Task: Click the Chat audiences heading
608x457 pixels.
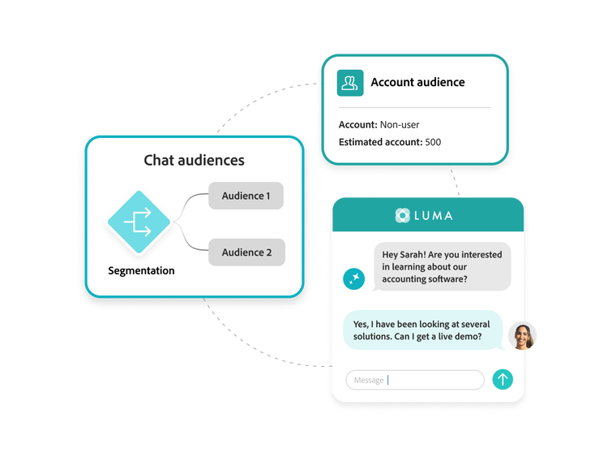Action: (x=194, y=160)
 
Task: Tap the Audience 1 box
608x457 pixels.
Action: (x=246, y=196)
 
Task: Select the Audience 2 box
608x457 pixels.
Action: (x=246, y=252)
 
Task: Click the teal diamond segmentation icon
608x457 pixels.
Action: (x=138, y=222)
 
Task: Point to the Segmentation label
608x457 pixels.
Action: (x=141, y=270)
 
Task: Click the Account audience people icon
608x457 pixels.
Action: (x=350, y=82)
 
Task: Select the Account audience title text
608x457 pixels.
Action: (x=417, y=82)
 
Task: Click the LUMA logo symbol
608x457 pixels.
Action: (x=403, y=215)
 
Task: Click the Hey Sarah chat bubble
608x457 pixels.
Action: (x=442, y=267)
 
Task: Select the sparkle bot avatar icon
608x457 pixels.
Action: (x=354, y=278)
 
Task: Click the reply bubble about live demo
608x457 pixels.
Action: (x=422, y=330)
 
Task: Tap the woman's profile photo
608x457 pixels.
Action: (x=522, y=336)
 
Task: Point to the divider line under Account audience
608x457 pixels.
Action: (x=414, y=107)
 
